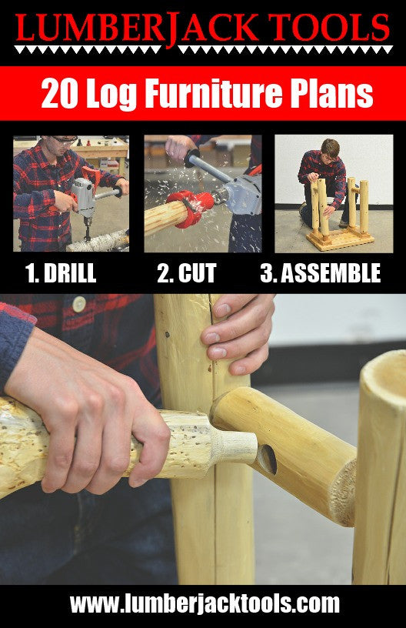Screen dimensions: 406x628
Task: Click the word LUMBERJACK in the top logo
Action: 137,28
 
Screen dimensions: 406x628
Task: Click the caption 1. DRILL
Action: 61,273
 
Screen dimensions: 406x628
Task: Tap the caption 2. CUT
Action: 187,273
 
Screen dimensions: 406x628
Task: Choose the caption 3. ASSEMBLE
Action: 321,273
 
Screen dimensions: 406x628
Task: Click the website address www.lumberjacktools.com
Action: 205,603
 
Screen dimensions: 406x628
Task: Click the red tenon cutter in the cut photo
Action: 191,208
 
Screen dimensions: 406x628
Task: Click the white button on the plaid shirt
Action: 79,303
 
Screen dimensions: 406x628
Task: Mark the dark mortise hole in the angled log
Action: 267,459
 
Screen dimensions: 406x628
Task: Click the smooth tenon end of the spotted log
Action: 235,446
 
